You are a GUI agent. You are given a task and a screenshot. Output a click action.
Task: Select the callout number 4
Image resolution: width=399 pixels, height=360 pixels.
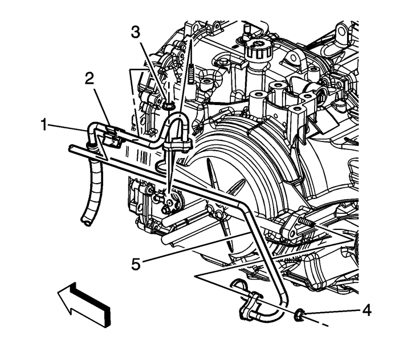[367, 311]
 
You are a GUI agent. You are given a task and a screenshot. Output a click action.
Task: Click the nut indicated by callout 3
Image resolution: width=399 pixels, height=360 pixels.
[168, 106]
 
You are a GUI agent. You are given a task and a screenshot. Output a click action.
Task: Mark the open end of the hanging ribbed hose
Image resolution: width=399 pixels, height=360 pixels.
[86, 220]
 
